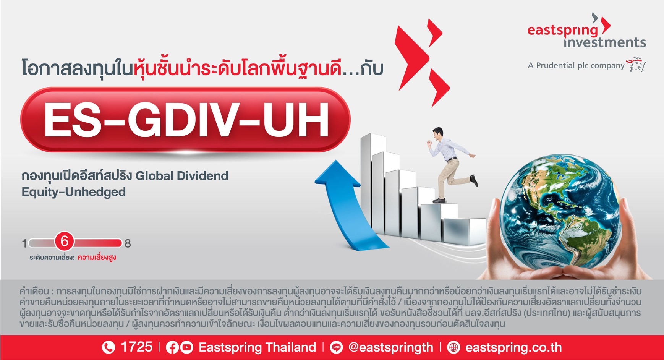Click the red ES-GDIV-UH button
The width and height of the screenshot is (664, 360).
pyautogui.click(x=185, y=120)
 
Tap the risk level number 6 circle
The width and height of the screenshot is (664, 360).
pyautogui.click(x=65, y=242)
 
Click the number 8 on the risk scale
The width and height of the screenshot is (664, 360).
pyautogui.click(x=128, y=243)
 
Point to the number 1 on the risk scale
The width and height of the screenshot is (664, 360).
pyautogui.click(x=24, y=243)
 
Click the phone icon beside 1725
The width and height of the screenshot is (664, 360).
pyautogui.click(x=109, y=347)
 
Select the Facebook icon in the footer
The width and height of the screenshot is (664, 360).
pyautogui.click(x=172, y=347)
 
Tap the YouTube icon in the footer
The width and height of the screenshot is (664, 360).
pyautogui.click(x=186, y=347)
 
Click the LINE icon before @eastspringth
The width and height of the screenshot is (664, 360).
pyautogui.click(x=336, y=347)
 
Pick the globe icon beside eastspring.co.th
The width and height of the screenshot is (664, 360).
pyautogui.click(x=453, y=347)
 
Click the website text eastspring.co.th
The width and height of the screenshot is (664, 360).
pyautogui.click(x=513, y=347)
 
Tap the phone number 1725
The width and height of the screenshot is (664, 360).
pyautogui.click(x=136, y=347)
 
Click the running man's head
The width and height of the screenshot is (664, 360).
pyautogui.click(x=438, y=134)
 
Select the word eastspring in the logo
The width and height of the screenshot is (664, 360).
pyautogui.click(x=563, y=30)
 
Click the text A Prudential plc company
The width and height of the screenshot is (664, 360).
pyautogui.click(x=576, y=66)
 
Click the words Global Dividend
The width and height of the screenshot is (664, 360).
pyautogui.click(x=182, y=176)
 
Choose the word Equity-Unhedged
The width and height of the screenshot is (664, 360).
pyautogui.click(x=74, y=192)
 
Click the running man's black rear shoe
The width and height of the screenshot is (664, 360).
pyautogui.click(x=474, y=180)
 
